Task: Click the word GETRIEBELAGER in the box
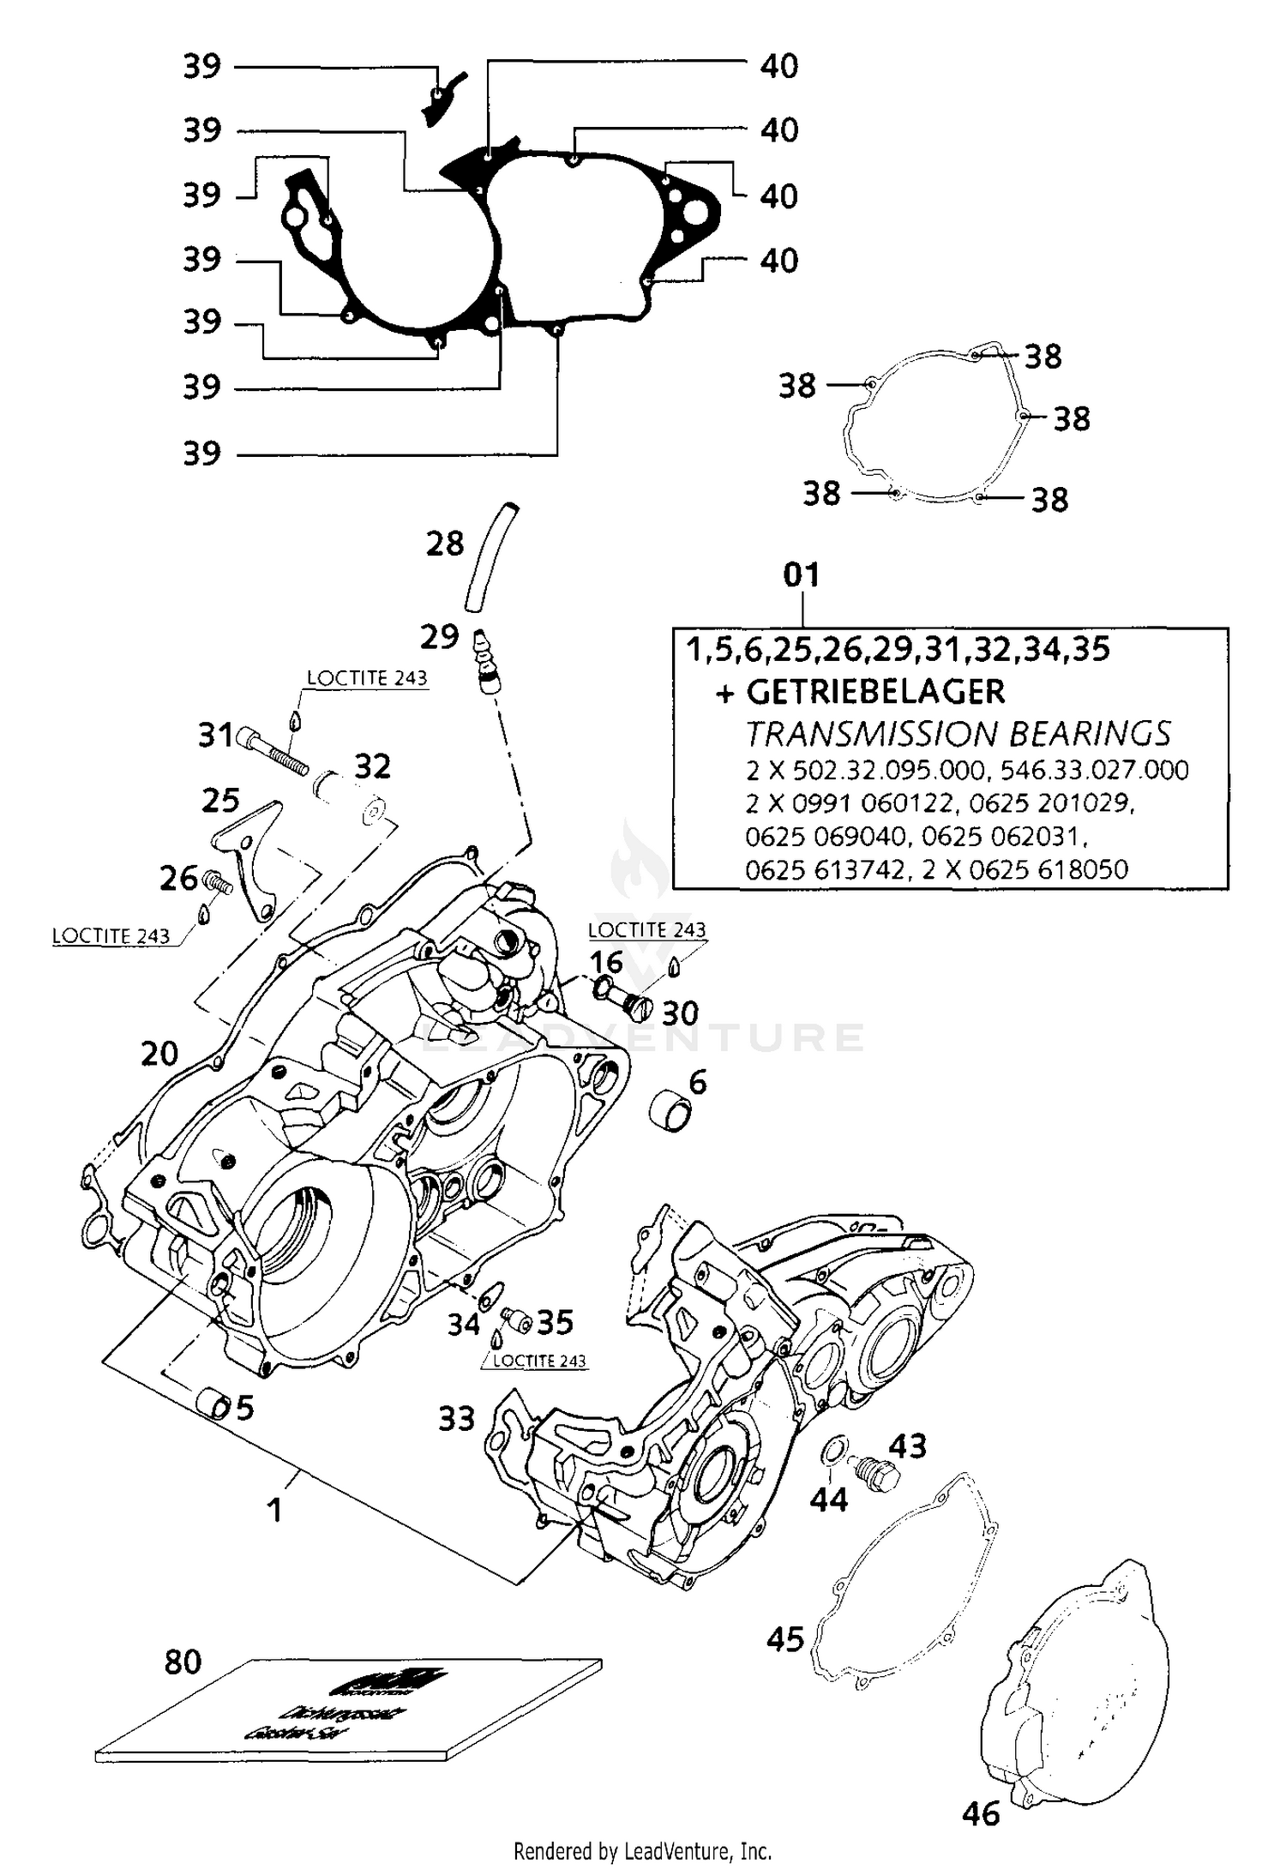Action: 874,692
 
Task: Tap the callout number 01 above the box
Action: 802,574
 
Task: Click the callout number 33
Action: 456,1419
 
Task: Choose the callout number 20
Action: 159,1054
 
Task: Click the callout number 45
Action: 785,1640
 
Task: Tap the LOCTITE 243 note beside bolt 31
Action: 367,677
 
